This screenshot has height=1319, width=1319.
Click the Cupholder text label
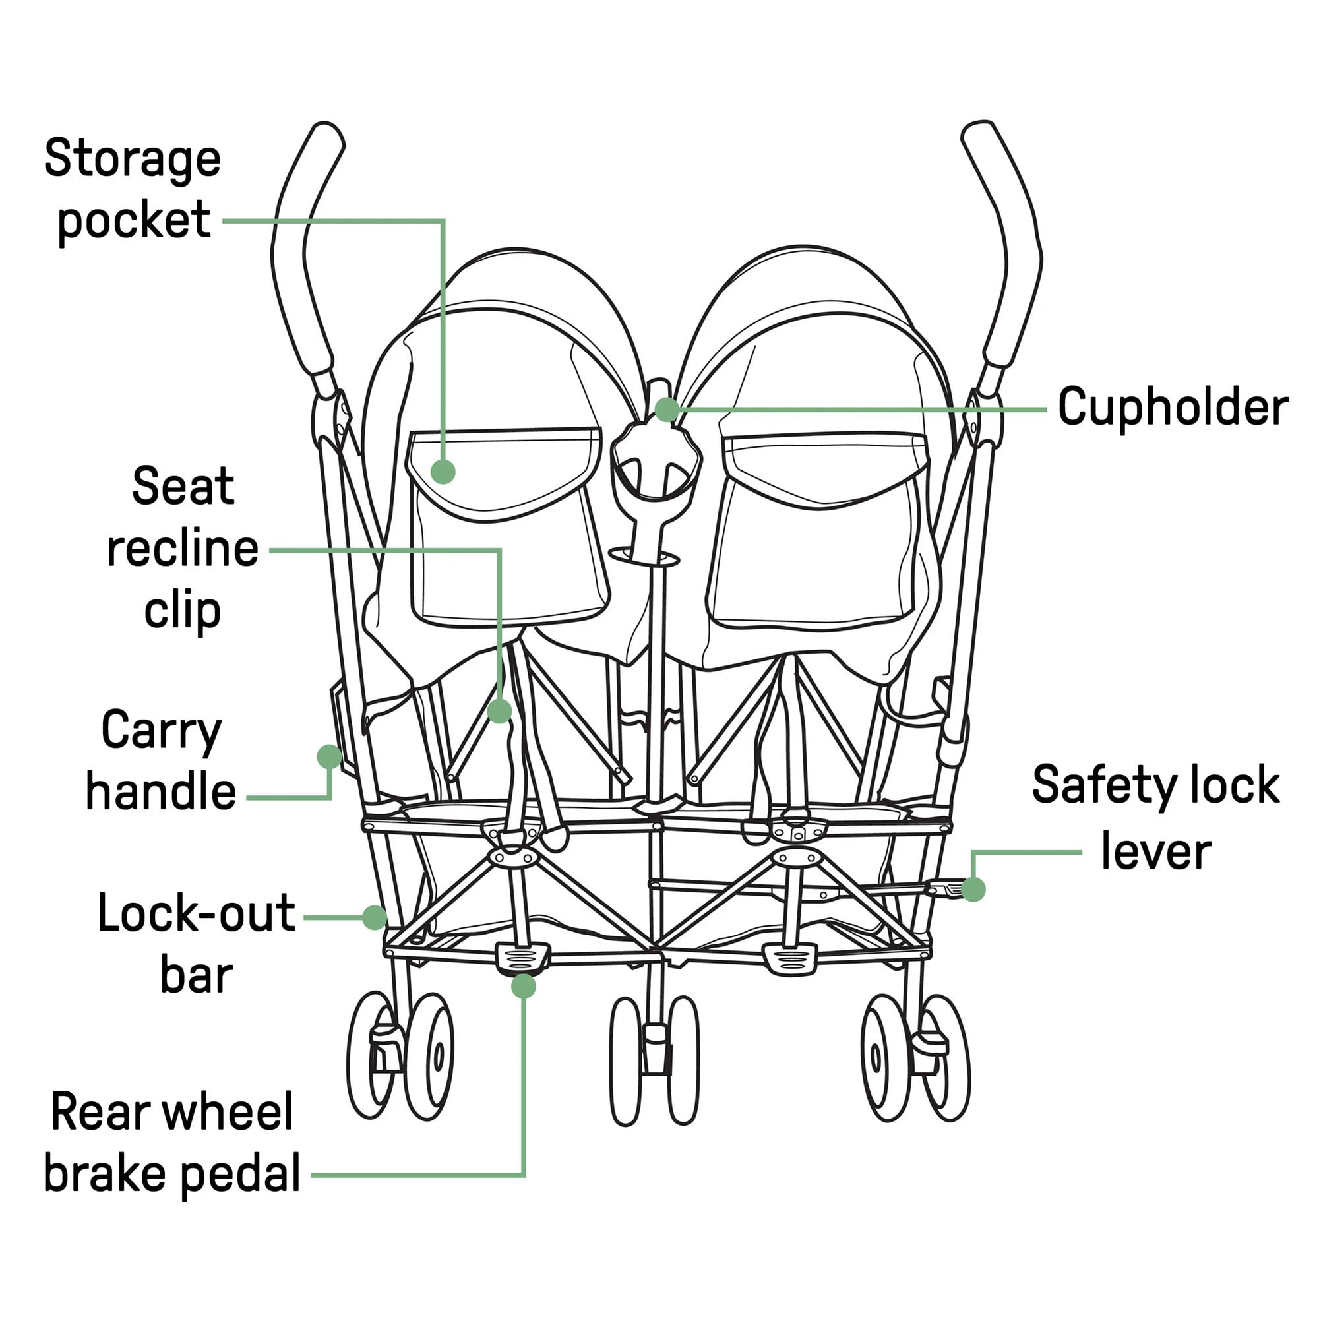pyautogui.click(x=1172, y=408)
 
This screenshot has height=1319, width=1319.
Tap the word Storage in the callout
pyautogui.click(x=133, y=158)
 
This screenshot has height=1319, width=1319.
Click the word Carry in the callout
pyautogui.click(x=161, y=731)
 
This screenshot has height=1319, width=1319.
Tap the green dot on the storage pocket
pyautogui.click(x=443, y=471)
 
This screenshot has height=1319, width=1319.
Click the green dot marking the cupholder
pyautogui.click(x=666, y=410)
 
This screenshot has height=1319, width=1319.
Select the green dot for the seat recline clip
pyautogui.click(x=500, y=712)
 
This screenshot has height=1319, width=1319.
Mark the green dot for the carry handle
pyautogui.click(x=329, y=756)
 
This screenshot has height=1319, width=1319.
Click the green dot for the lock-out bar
pyautogui.click(x=374, y=917)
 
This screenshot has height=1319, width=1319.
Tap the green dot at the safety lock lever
pyautogui.click(x=973, y=890)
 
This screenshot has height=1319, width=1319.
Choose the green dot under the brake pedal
pyautogui.click(x=524, y=986)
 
